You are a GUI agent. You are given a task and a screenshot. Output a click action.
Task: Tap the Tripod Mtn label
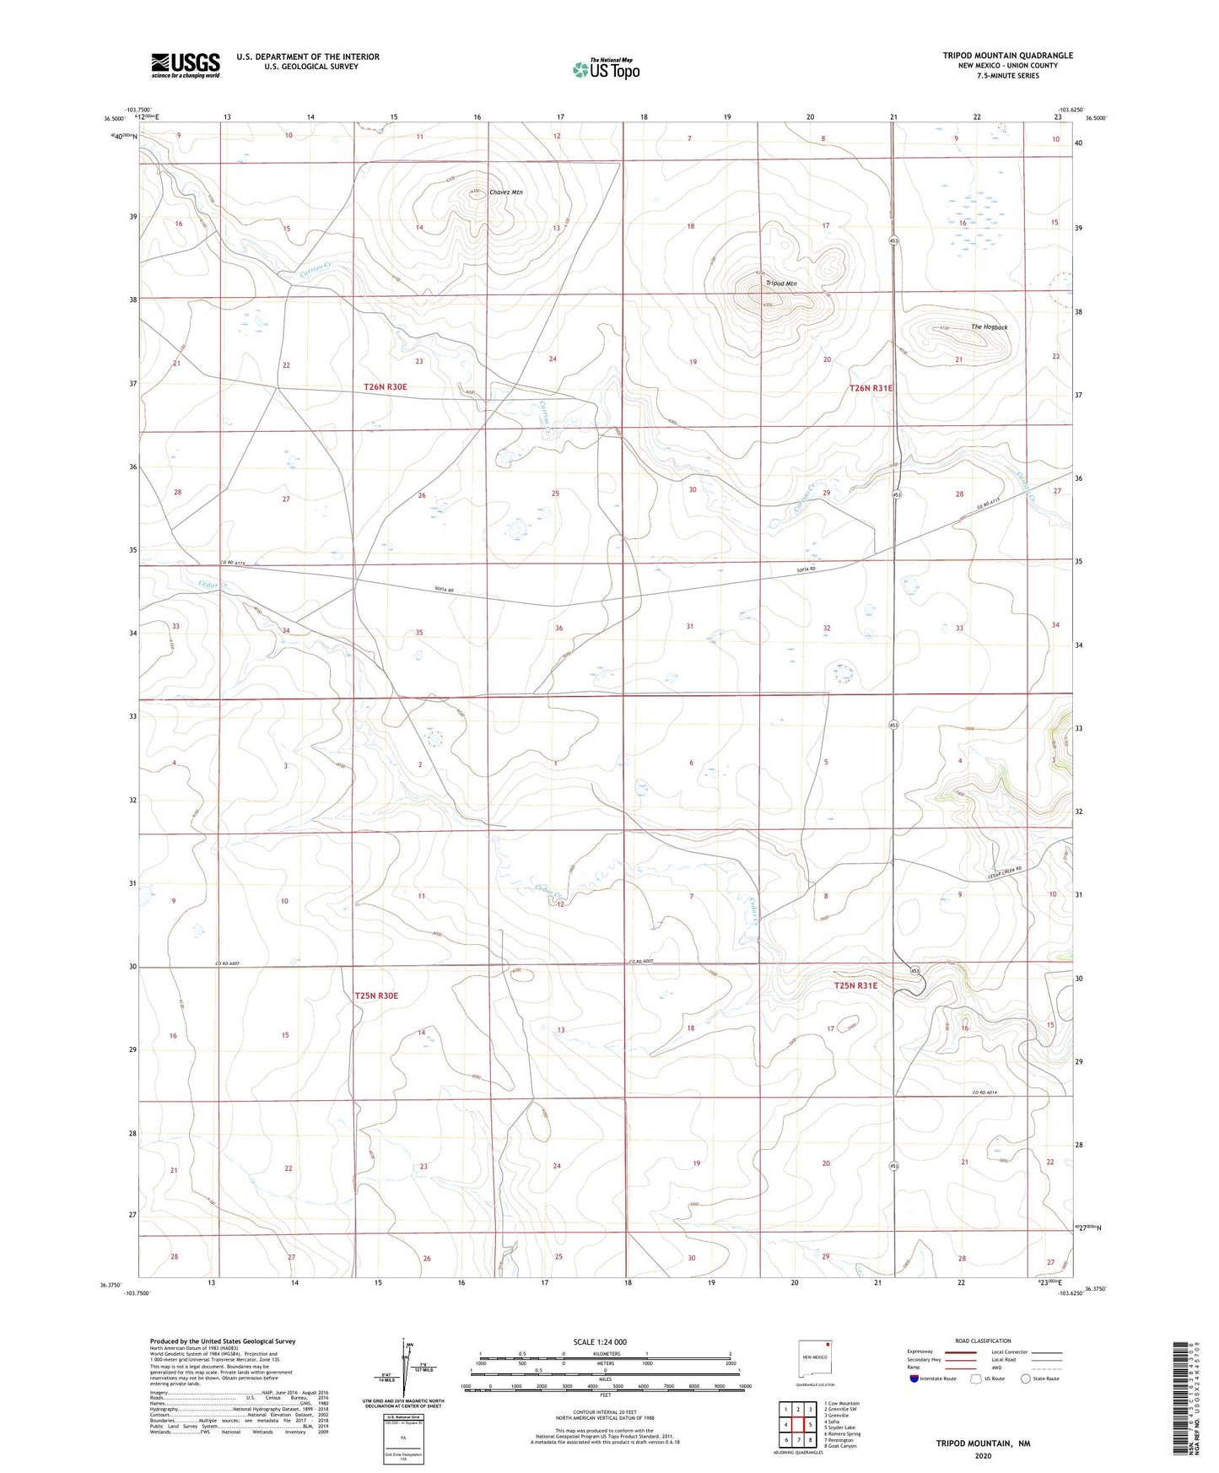[781, 283]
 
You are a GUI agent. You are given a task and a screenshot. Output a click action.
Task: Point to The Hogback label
[989, 326]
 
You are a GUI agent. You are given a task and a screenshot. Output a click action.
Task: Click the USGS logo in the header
[186, 65]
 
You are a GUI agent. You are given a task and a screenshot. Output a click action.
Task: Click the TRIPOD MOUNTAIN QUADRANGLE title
[1007, 56]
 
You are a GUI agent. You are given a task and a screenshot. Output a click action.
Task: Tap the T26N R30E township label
[386, 386]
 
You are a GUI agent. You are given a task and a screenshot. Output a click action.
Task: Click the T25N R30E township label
[376, 995]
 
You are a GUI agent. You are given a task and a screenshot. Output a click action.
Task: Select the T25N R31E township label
[855, 985]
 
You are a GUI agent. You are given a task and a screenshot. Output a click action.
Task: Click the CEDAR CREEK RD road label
[1005, 874]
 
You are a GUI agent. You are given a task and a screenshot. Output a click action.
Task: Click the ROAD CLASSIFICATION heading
[983, 1341]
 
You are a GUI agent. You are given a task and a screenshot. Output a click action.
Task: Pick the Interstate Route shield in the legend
[914, 1379]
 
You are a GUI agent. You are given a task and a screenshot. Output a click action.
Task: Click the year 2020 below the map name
[983, 1455]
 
